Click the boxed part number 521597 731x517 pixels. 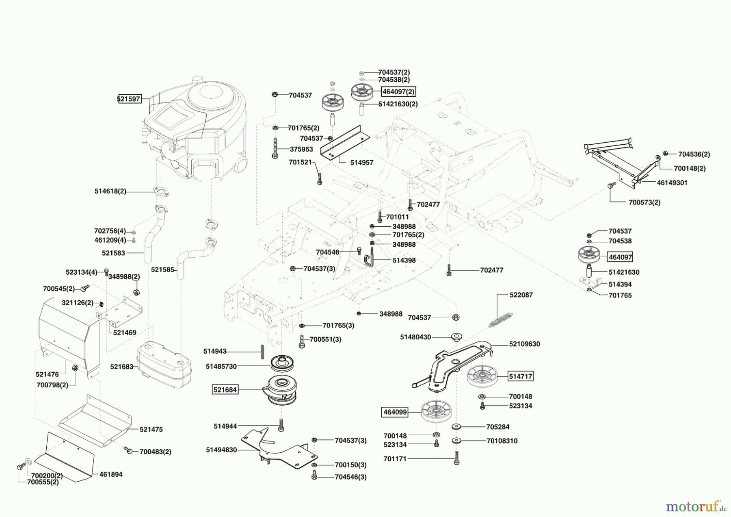click(130, 99)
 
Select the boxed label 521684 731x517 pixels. click(225, 390)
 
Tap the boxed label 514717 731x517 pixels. click(521, 376)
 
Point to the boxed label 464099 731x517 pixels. click(395, 412)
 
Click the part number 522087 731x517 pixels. click(521, 295)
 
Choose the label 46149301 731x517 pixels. click(672, 183)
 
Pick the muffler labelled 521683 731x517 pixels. click(164, 365)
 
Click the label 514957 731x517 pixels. click(361, 163)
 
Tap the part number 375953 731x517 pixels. click(301, 149)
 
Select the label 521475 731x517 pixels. click(151, 429)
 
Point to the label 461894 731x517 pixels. click(111, 474)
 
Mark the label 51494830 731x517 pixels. click(221, 450)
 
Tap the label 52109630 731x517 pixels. click(525, 344)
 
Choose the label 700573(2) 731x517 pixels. click(644, 202)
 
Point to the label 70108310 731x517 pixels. click(502, 441)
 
